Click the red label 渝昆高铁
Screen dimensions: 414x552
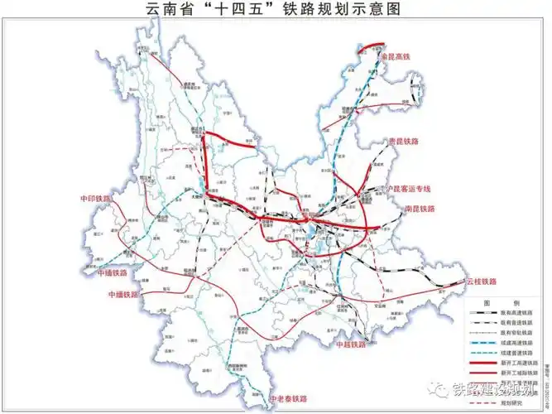click(400, 56)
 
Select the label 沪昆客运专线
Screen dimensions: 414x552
click(410, 188)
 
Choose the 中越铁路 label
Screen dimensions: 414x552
click(350, 344)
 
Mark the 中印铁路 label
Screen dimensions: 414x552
click(94, 199)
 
